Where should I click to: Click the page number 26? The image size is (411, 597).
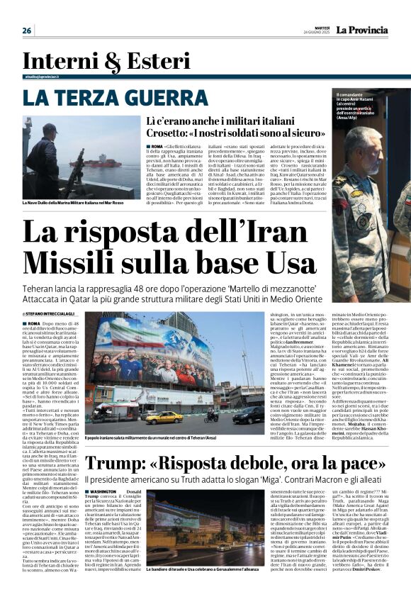[x=27, y=30]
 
